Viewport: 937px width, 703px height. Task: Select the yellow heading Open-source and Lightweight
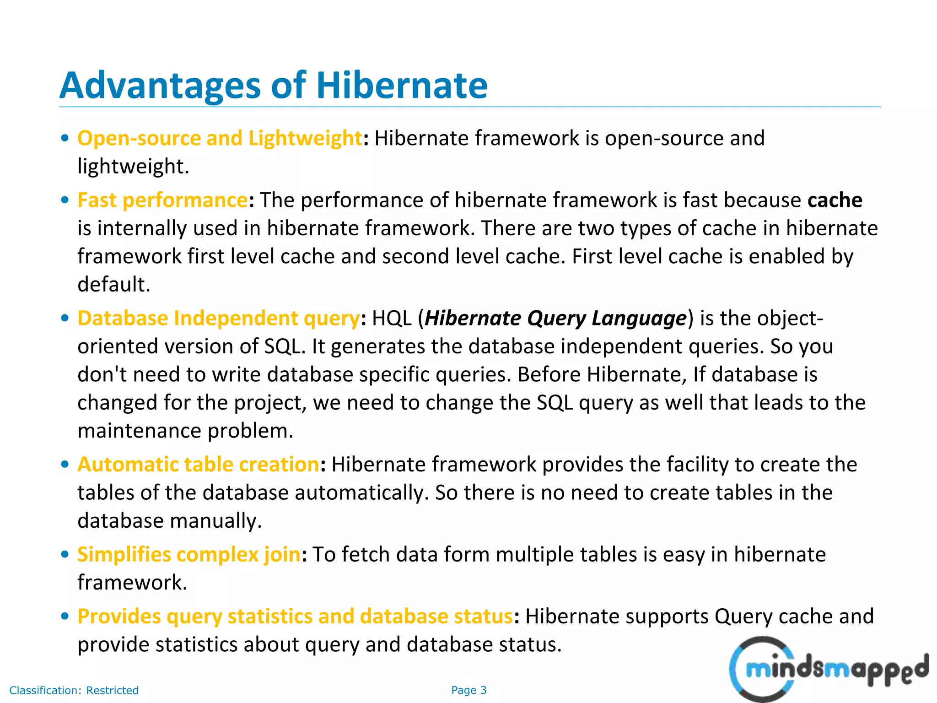coord(220,138)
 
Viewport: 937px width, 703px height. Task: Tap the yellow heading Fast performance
coord(162,200)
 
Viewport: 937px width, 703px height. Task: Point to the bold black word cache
coord(835,200)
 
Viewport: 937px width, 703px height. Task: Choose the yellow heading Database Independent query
coord(218,319)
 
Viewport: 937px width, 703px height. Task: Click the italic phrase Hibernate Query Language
coord(555,319)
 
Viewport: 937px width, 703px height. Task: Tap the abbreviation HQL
coord(392,319)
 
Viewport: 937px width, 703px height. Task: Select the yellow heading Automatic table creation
coord(198,465)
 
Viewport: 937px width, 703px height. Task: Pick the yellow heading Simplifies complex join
coord(189,555)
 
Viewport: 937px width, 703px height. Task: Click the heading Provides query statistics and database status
coord(295,616)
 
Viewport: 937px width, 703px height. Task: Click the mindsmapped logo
coord(828,669)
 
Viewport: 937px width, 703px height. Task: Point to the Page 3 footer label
coord(468,690)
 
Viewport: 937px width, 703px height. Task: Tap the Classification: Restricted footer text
coord(74,690)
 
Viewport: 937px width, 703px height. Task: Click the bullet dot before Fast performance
coord(65,200)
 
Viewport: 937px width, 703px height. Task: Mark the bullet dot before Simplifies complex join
coord(65,555)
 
